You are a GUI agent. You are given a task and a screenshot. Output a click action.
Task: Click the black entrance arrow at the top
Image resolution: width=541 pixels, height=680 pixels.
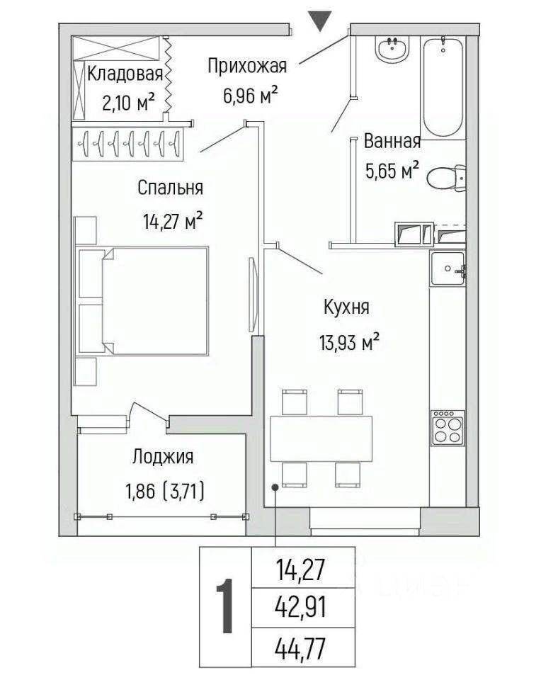(x=320, y=21)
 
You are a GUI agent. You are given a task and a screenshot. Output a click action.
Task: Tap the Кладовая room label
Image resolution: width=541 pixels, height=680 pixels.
(x=125, y=74)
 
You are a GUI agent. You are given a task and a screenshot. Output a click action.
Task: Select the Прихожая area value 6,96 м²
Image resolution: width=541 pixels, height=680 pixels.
(x=250, y=96)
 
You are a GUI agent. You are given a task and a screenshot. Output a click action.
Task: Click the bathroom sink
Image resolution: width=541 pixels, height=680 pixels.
(x=392, y=49)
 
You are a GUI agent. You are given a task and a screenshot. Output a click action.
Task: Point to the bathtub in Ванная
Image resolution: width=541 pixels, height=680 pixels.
(x=443, y=86)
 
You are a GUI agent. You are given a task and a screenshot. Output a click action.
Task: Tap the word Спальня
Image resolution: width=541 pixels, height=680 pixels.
(x=171, y=188)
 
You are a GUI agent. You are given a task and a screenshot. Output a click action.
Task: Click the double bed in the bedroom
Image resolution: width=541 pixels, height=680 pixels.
(x=142, y=302)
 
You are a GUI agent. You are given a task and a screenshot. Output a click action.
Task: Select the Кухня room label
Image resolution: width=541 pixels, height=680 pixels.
(x=346, y=307)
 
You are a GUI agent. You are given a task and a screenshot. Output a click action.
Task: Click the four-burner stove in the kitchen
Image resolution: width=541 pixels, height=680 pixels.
(x=448, y=428)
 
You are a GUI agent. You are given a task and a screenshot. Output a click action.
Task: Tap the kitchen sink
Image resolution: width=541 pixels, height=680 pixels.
(x=448, y=268)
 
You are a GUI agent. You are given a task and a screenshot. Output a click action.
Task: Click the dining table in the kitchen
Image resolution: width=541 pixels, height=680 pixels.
(x=321, y=438)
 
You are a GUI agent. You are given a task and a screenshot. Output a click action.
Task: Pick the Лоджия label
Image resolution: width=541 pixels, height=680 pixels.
(x=163, y=457)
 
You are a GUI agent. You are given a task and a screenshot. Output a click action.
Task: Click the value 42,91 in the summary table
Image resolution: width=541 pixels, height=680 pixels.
(x=300, y=607)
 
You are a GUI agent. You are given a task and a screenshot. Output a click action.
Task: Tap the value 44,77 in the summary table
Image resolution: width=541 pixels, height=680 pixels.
(x=300, y=649)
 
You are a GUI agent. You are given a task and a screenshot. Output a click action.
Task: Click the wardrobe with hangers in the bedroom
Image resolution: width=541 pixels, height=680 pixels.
(x=128, y=144)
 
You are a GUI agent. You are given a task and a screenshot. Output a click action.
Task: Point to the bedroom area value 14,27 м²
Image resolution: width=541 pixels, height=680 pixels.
(x=173, y=222)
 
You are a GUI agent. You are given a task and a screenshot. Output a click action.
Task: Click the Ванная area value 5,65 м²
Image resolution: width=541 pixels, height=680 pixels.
(x=392, y=171)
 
